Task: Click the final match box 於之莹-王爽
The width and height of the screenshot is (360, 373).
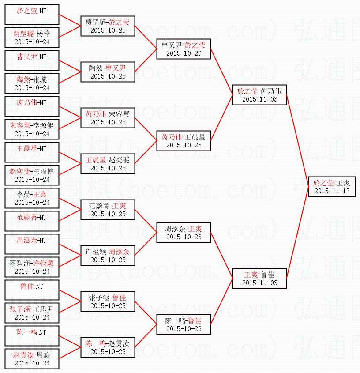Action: [x=331, y=186]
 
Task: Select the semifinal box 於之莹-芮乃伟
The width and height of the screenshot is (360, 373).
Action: [x=260, y=94]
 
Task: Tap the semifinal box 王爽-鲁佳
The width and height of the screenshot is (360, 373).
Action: [x=260, y=278]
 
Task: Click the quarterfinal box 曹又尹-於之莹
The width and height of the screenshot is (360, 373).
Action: [x=184, y=49]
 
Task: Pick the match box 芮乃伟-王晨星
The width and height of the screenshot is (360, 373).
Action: [x=184, y=140]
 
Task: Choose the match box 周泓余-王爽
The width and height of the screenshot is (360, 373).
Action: [x=184, y=232]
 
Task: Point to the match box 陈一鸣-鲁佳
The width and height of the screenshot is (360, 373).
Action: [x=184, y=324]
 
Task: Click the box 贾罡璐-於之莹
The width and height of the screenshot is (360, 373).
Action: [x=108, y=26]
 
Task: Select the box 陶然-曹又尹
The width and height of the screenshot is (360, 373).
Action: [x=108, y=72]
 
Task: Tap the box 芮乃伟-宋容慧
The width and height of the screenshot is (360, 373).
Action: [x=108, y=117]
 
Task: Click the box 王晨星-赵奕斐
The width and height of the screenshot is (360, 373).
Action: [x=108, y=163]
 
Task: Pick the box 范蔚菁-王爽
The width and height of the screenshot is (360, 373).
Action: [x=108, y=209]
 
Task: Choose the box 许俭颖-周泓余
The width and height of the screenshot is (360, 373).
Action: [x=108, y=255]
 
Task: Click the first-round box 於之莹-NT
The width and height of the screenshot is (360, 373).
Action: [x=32, y=14]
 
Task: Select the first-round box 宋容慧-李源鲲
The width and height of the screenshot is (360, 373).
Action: [x=32, y=129]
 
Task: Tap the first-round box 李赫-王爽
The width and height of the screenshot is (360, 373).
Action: [x=32, y=198]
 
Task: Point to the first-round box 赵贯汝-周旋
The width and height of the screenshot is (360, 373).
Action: [x=32, y=358]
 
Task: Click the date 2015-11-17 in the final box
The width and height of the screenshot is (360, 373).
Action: [x=331, y=191]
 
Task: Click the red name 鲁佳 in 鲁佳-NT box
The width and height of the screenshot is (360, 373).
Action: [x=27, y=286]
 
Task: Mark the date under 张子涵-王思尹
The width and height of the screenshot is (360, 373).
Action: [x=32, y=317]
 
